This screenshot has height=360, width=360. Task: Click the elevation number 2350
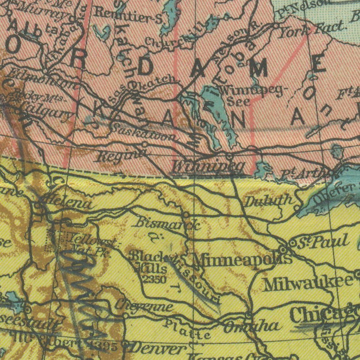pos(154,279)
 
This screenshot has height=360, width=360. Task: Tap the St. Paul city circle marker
pos(292,244)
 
